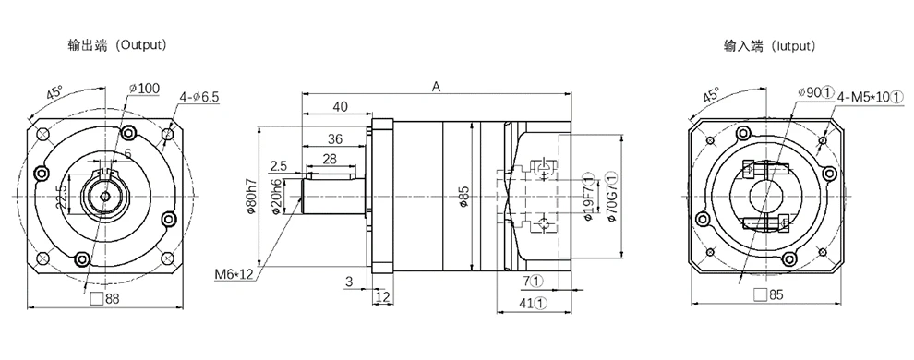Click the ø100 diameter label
tap(144, 88)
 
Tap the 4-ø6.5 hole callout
tap(199, 97)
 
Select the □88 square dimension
tap(105, 298)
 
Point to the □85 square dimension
tap(768, 294)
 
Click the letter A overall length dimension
tap(436, 86)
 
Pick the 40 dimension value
tap(340, 106)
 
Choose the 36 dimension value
tap(334, 138)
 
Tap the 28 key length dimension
tap(330, 159)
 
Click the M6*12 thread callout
tap(234, 274)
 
